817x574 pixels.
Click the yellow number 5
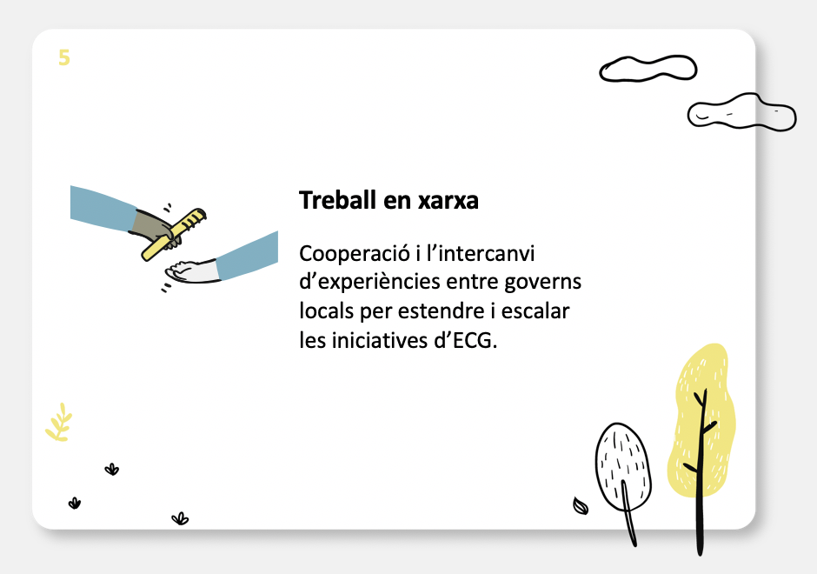(64, 57)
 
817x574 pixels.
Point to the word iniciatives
(379, 340)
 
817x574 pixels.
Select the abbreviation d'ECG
(465, 340)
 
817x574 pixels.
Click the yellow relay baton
(174, 235)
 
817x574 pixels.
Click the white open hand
(190, 271)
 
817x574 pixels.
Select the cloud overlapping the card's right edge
(741, 112)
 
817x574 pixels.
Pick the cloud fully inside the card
(648, 69)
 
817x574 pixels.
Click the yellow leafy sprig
(59, 423)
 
